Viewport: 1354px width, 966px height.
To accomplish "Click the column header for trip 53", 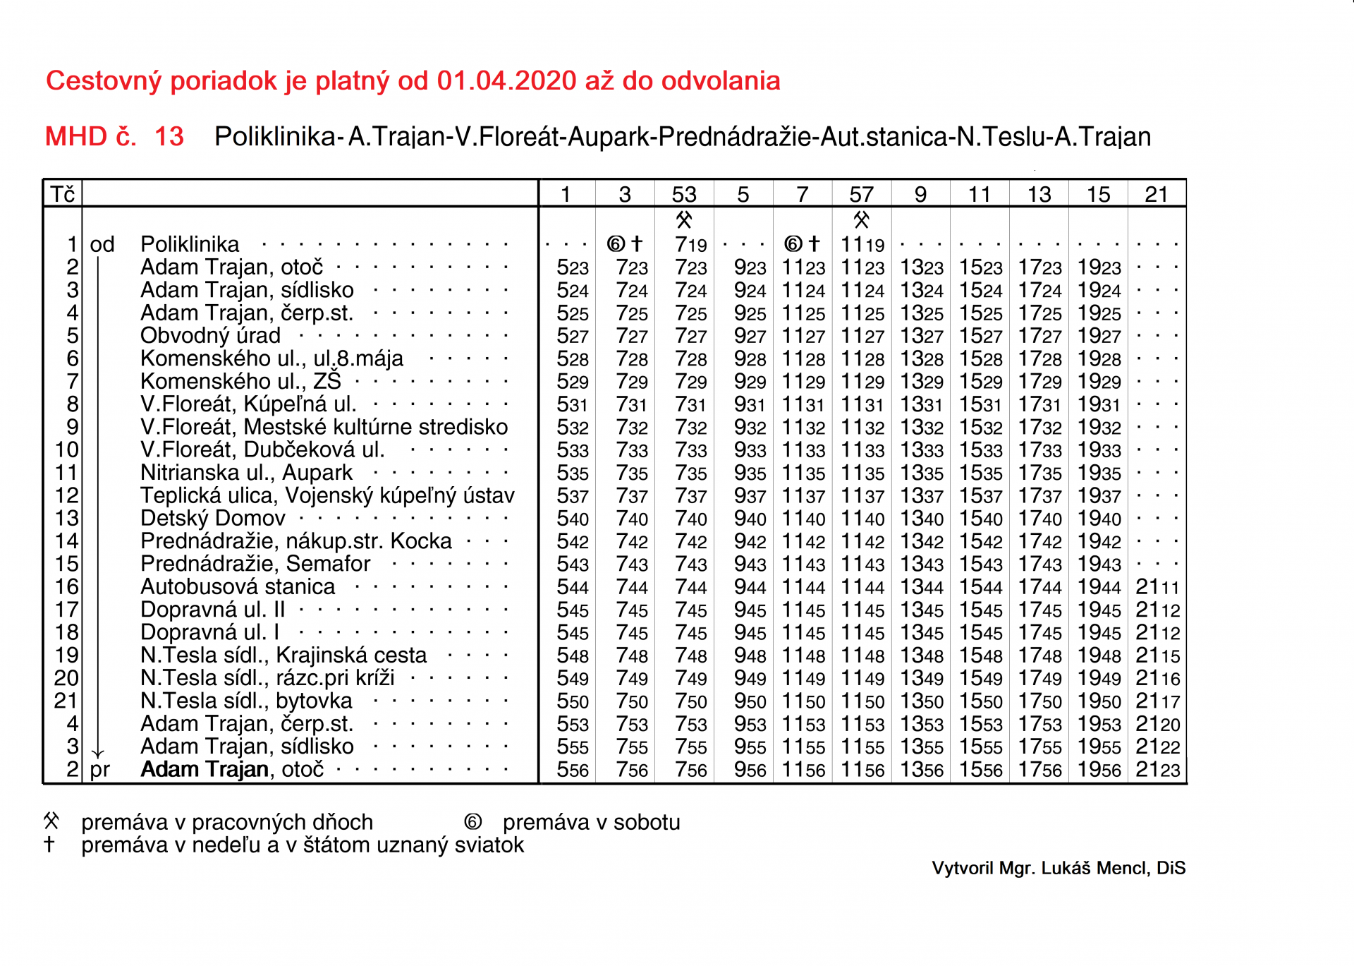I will click(684, 194).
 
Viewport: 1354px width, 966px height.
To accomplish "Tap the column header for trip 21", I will click(1157, 194).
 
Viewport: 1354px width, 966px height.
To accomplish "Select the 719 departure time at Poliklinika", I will click(690, 245).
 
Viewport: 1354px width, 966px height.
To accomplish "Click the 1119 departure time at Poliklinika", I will click(862, 245).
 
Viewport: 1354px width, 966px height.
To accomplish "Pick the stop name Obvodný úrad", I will click(210, 336).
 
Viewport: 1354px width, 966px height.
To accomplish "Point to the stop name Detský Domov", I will click(212, 519).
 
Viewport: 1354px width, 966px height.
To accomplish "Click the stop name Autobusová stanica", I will click(238, 587).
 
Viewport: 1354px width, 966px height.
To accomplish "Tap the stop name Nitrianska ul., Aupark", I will click(246, 473).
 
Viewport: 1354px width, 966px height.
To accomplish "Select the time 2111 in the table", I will click(1157, 587).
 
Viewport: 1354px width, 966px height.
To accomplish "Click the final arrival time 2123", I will click(1157, 770).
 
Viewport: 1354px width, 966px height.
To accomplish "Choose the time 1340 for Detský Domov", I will click(922, 519).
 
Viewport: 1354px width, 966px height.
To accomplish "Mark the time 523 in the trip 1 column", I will click(572, 268).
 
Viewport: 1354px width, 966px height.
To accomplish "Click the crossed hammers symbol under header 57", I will click(861, 220).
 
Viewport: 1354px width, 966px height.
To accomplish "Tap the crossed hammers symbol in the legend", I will click(51, 821).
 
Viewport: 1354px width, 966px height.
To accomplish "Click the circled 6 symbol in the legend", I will click(472, 822).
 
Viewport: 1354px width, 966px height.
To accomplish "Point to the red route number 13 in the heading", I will click(169, 136).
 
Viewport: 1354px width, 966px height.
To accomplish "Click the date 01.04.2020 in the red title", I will click(506, 81).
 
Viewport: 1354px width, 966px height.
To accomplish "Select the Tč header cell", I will click(63, 194).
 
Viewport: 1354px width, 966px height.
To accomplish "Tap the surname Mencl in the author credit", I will click(1127, 868).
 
